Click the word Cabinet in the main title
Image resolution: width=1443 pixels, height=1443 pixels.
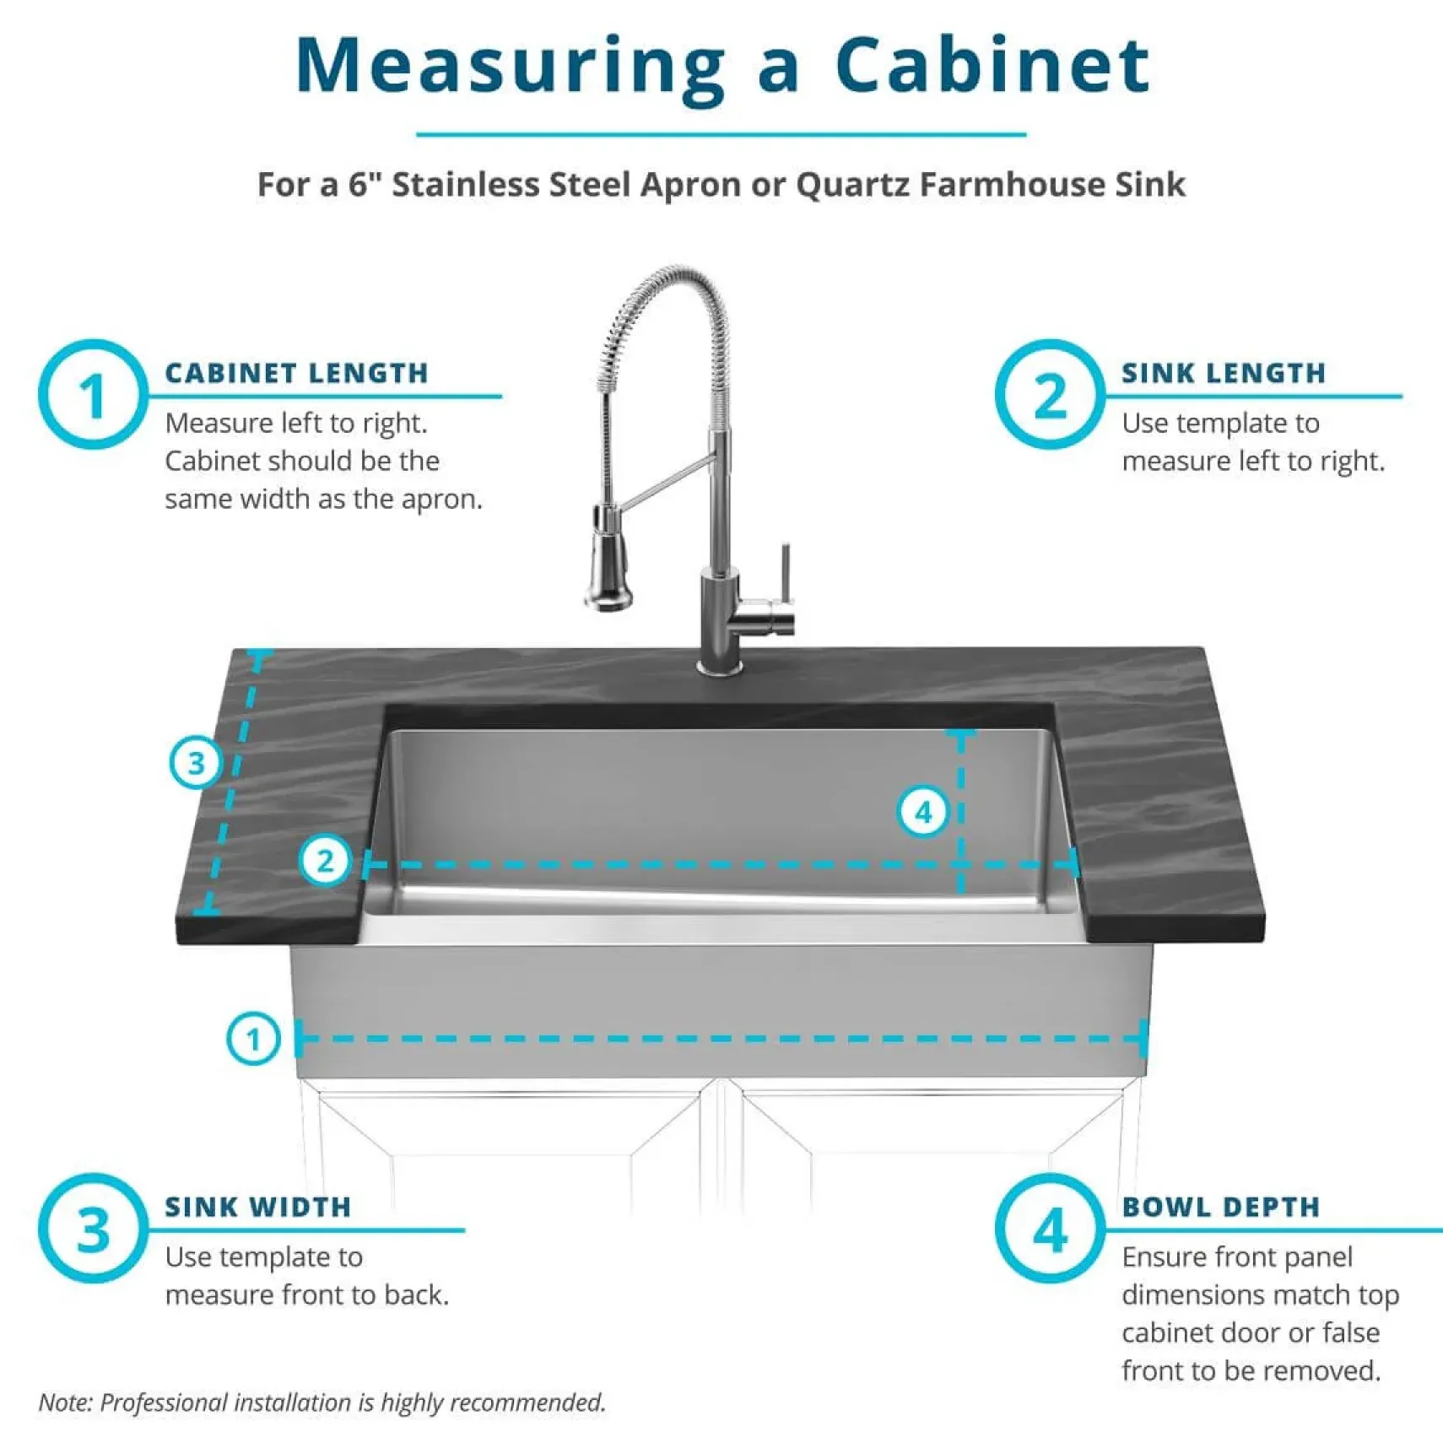[x=992, y=66]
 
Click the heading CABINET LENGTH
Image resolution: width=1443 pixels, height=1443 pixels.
[x=296, y=373]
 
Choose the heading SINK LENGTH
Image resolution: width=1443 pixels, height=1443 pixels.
[x=1224, y=373]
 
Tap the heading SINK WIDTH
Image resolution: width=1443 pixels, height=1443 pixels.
[x=257, y=1207]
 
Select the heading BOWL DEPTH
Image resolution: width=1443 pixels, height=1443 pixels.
[x=1221, y=1207]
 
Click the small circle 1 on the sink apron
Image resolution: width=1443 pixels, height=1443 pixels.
[x=253, y=1038]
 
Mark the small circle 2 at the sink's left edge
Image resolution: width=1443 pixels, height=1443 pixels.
[x=325, y=861]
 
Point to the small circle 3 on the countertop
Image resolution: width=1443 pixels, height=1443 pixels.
[x=196, y=763]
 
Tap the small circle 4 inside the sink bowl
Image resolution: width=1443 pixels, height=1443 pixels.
[x=923, y=812]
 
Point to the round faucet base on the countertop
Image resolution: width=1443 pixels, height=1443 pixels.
[x=719, y=667]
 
